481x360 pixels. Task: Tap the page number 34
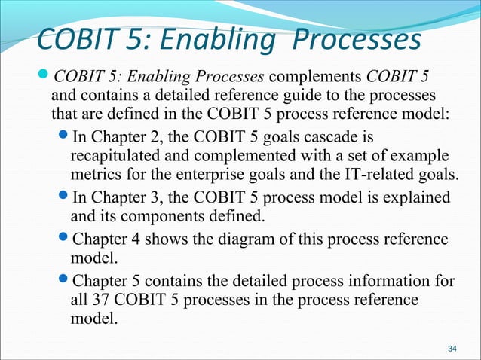[452, 349]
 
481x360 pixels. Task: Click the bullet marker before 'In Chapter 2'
[63, 137]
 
